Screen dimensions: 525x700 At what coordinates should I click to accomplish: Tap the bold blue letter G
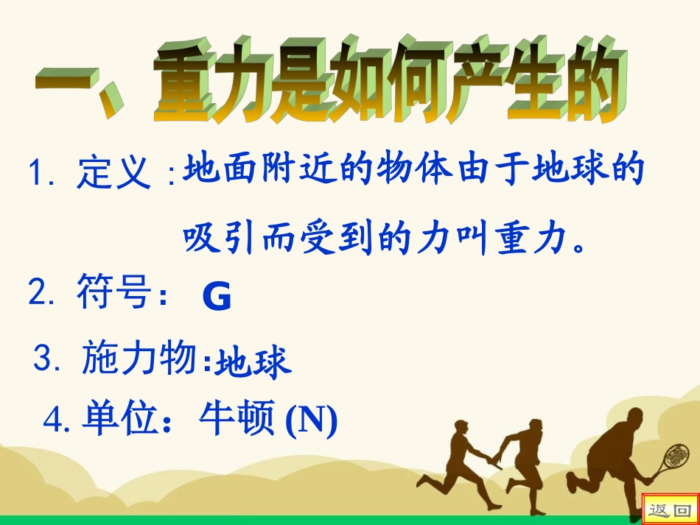pyautogui.click(x=216, y=297)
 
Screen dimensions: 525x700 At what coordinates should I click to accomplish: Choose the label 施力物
pyautogui.click(x=139, y=359)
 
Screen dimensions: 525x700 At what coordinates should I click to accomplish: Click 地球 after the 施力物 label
pyautogui.click(x=253, y=362)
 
